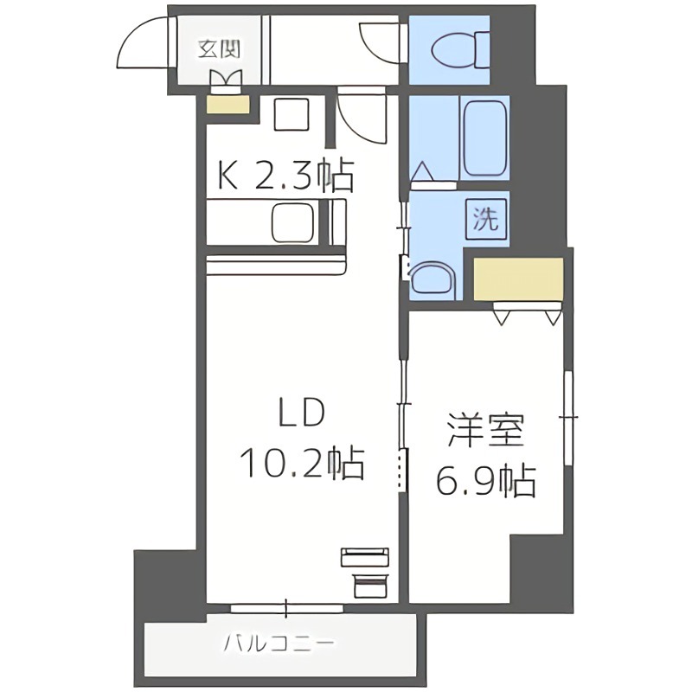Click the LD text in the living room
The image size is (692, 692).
click(x=300, y=415)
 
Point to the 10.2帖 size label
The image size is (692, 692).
click(x=300, y=465)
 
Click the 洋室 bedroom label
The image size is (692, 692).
click(x=485, y=431)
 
